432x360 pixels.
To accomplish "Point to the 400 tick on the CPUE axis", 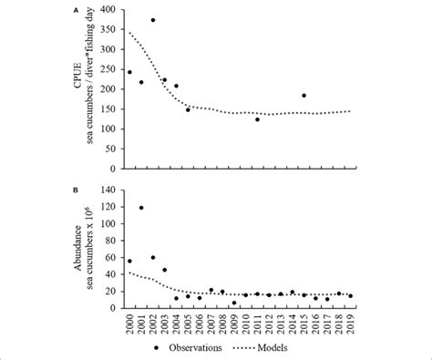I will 109,10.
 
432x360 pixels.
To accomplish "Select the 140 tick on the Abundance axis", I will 109,190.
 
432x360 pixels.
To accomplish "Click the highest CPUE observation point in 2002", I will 153,20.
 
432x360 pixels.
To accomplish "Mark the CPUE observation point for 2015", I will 303,95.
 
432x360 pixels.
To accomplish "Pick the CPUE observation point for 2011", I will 257,119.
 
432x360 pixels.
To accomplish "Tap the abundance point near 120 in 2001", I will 141,208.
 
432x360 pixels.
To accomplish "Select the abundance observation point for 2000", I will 129,261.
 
